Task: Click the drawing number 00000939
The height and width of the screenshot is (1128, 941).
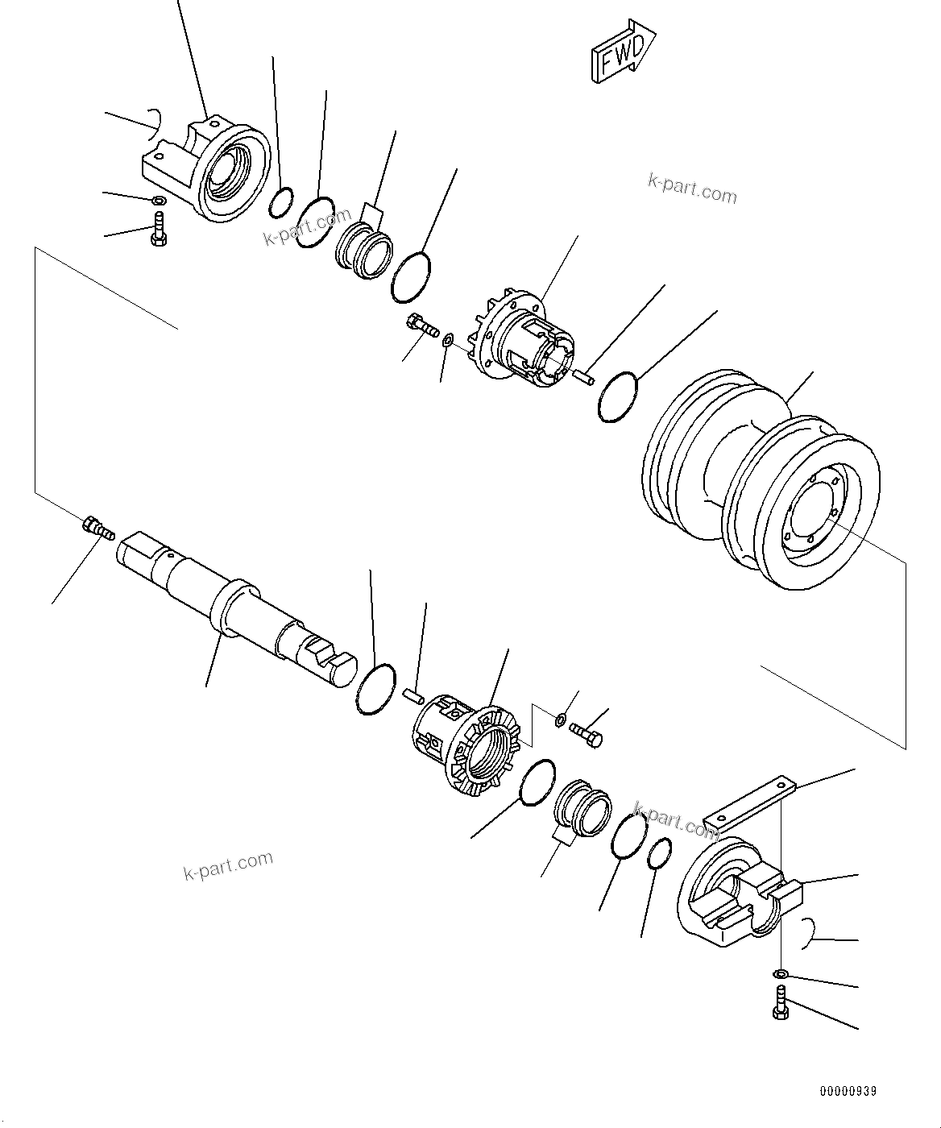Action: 848,1092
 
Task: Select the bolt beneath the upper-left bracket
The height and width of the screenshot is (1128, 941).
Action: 158,227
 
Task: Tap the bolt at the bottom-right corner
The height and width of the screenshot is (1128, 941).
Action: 780,1004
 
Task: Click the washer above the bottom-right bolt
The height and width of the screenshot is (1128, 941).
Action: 780,974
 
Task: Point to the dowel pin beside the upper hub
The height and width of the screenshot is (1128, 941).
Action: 584,373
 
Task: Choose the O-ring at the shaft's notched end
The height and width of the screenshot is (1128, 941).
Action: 375,689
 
